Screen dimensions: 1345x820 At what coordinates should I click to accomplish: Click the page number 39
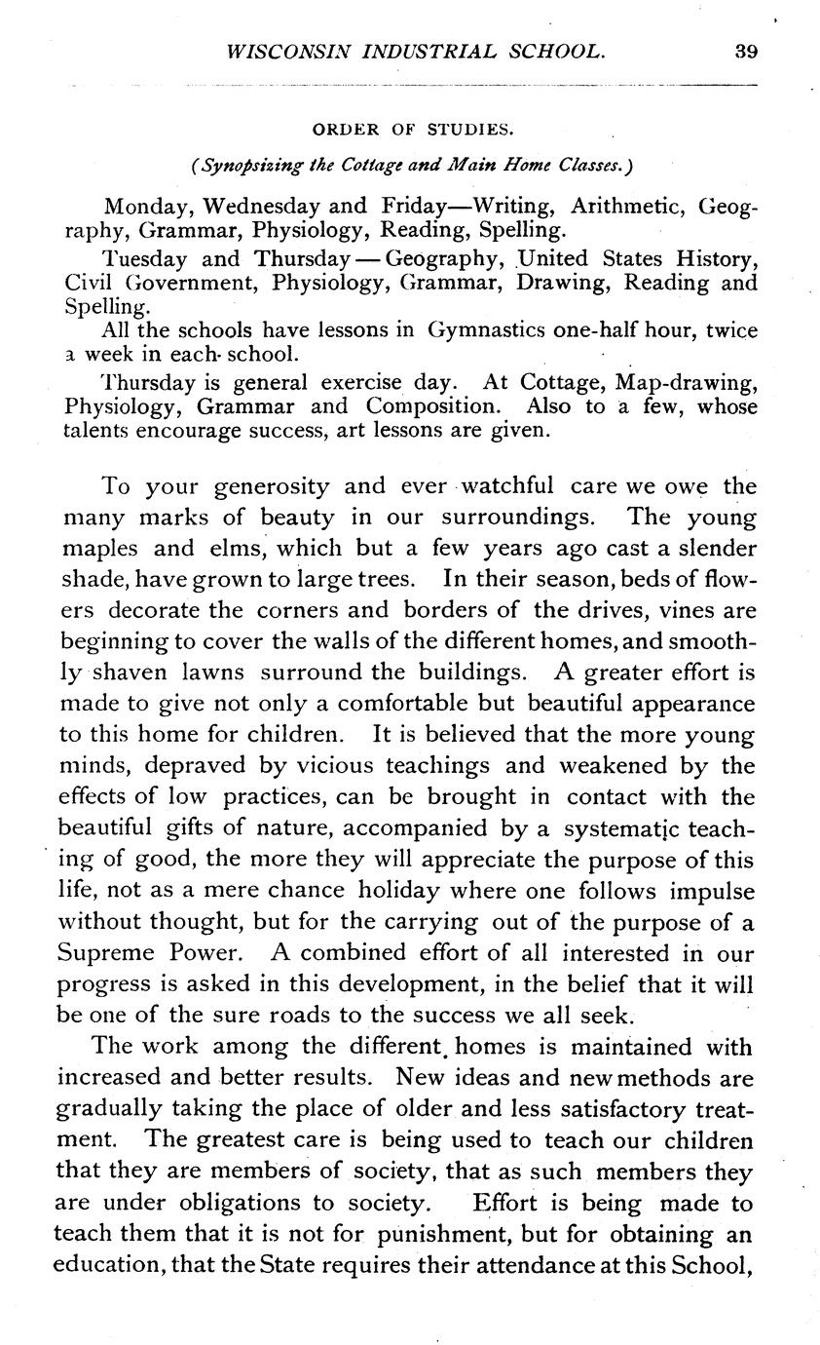(x=746, y=52)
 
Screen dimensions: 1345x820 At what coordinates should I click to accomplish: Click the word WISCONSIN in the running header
(x=279, y=52)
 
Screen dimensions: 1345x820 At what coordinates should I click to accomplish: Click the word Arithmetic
(x=629, y=206)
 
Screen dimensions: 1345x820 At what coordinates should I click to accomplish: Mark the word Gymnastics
(x=486, y=330)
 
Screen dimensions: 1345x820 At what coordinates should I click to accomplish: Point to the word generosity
(x=271, y=485)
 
